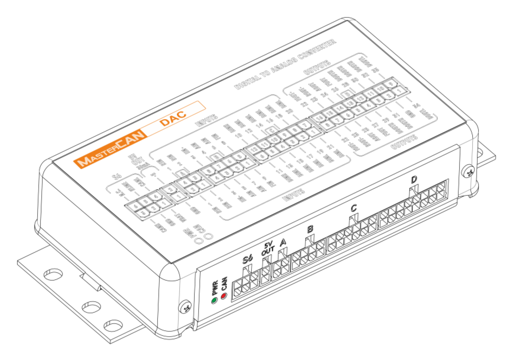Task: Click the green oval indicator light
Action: point(214,300)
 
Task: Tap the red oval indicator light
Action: point(223,296)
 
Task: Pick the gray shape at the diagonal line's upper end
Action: point(348,20)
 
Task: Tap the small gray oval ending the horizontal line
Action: point(470,120)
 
